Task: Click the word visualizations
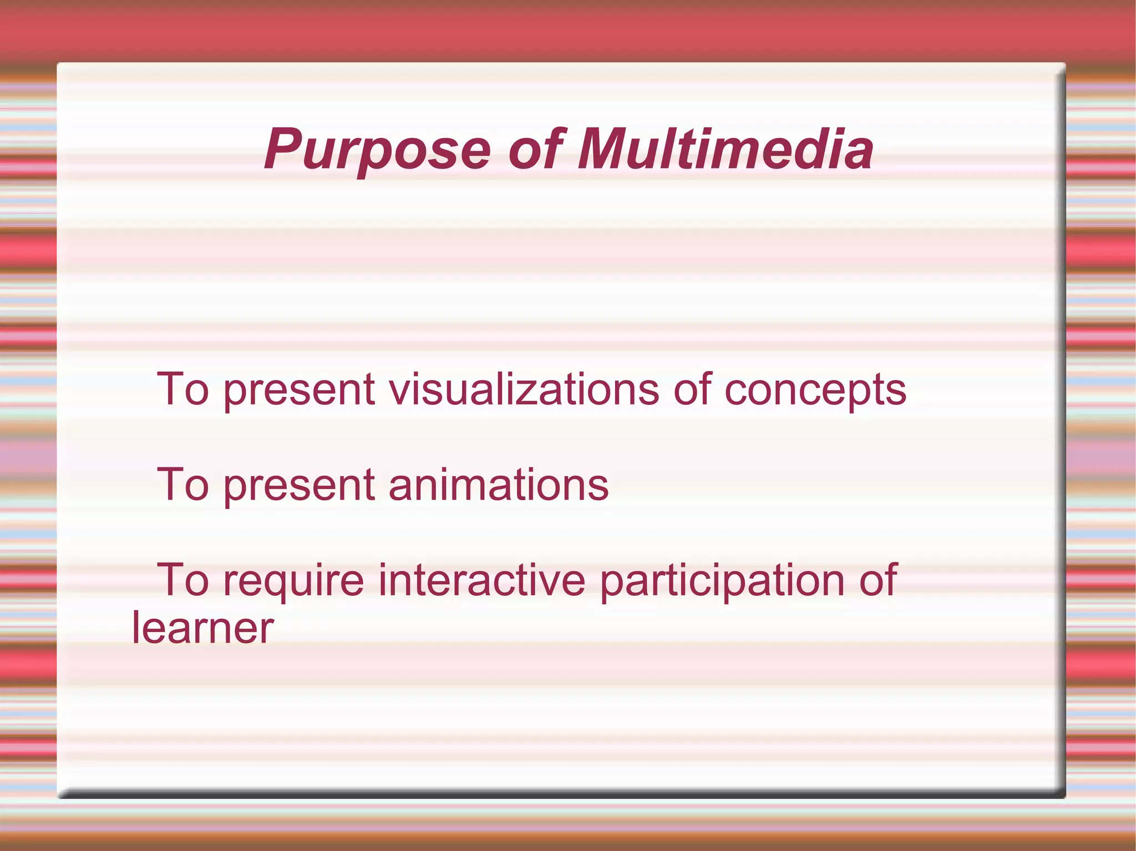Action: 524,389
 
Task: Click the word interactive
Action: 481,580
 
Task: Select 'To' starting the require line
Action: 183,580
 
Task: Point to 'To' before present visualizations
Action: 183,389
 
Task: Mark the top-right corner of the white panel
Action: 1063,65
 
